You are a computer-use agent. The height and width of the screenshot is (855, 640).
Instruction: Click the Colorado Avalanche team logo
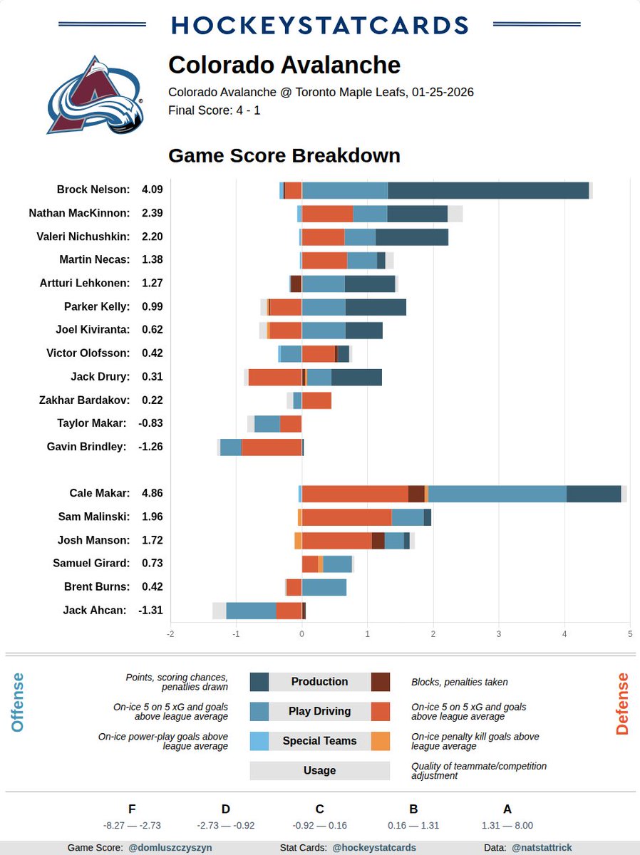click(x=95, y=95)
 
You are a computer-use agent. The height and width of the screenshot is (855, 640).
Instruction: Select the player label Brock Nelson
click(x=93, y=190)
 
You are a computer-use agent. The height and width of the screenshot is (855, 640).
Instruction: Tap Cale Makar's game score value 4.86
click(x=153, y=493)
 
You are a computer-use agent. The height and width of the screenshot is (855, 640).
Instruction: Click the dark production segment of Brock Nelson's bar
click(x=488, y=190)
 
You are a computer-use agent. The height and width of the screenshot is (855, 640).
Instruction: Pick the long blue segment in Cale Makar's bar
click(x=497, y=494)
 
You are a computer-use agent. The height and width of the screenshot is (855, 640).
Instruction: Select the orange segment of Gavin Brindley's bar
click(x=271, y=447)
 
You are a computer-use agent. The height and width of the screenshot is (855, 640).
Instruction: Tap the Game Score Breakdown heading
click(x=284, y=155)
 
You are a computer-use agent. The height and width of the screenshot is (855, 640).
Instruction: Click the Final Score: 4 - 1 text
click(x=214, y=110)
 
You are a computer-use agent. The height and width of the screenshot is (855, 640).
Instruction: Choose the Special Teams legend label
click(x=319, y=741)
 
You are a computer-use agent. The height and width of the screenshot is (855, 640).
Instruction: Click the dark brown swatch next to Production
click(x=381, y=682)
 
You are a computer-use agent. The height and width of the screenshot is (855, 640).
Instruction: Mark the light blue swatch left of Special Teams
click(x=259, y=741)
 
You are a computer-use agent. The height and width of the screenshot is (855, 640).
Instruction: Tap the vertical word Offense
click(x=18, y=703)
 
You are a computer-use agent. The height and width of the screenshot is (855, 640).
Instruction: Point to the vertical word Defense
click(x=622, y=703)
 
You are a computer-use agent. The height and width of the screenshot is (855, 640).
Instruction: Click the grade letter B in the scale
click(x=413, y=809)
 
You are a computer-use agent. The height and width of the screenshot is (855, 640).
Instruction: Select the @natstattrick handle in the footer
click(x=542, y=848)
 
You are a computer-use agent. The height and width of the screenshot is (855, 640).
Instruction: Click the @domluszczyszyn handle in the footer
click(x=170, y=848)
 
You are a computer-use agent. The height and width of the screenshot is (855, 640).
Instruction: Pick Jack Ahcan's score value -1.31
click(x=151, y=610)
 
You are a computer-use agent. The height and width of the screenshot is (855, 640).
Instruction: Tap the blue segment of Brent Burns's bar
click(x=324, y=587)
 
